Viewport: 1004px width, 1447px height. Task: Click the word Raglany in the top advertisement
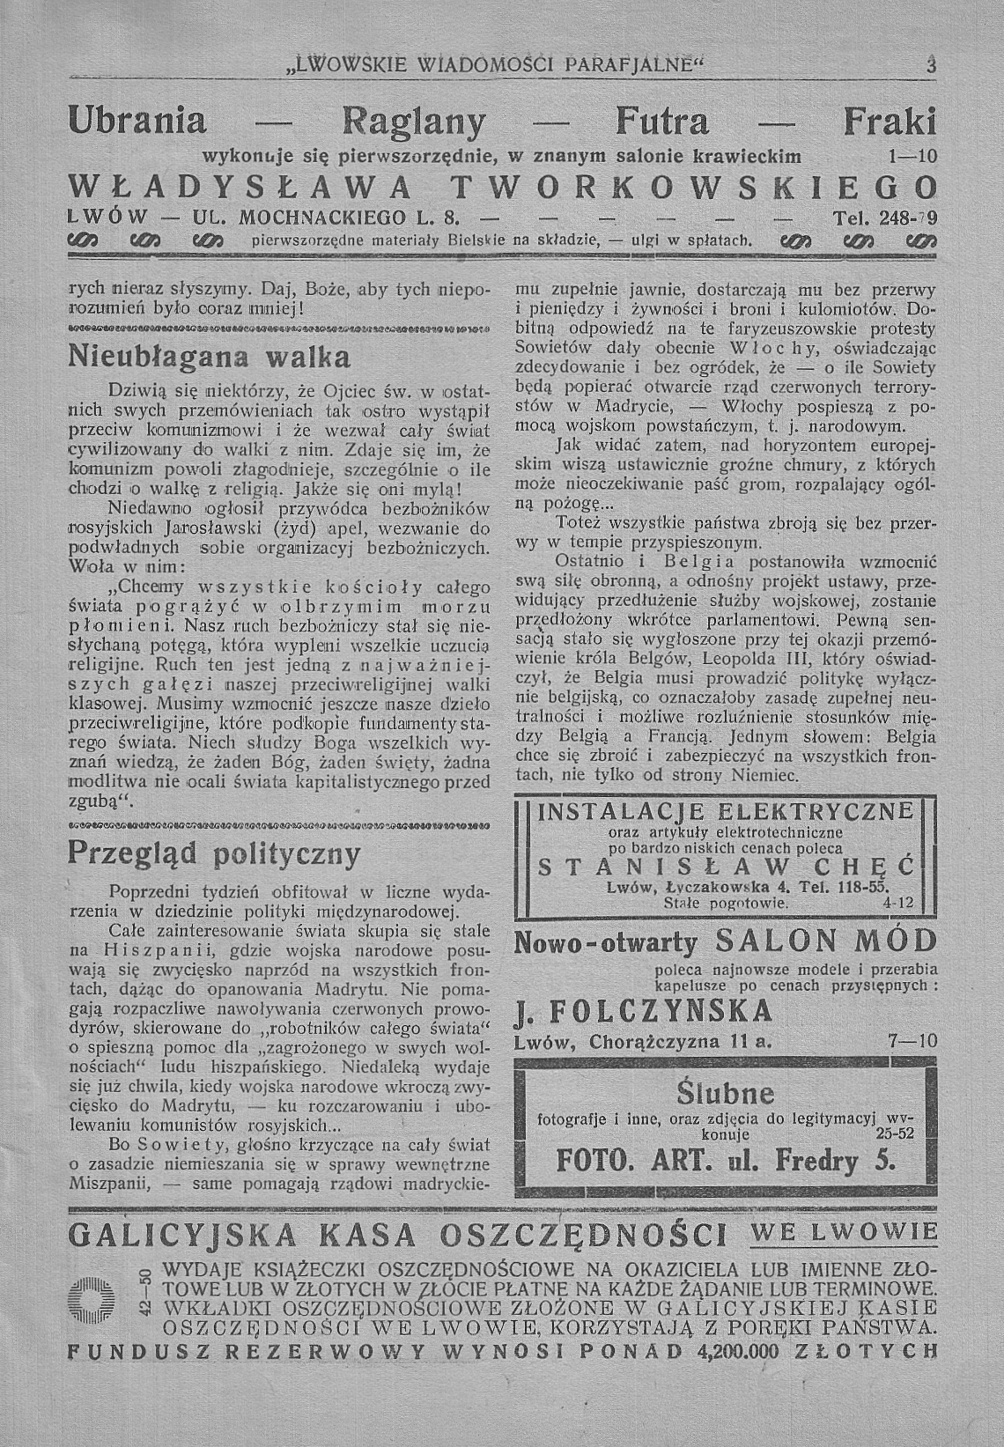tap(413, 122)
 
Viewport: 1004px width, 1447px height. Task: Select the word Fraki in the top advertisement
tap(890, 122)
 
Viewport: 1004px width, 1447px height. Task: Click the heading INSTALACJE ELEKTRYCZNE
tap(725, 810)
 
